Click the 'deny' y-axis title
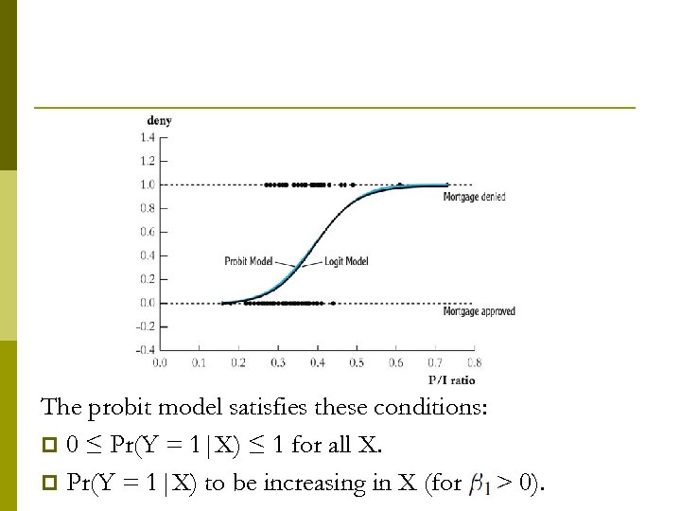[x=159, y=120]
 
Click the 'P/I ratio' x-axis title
[x=451, y=380]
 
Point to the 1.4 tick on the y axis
[x=148, y=137]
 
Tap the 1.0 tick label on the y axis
[x=148, y=185]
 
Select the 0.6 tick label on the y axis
[x=148, y=232]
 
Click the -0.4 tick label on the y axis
[x=146, y=350]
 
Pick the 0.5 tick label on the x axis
[x=357, y=362]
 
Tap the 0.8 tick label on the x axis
[x=475, y=362]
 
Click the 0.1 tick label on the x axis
[x=199, y=362]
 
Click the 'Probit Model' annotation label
[x=249, y=260]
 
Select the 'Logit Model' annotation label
[x=346, y=260]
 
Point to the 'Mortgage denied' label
[x=474, y=197]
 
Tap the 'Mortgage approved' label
[x=479, y=311]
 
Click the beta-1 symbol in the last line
[x=478, y=485]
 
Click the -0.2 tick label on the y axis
[x=146, y=326]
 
